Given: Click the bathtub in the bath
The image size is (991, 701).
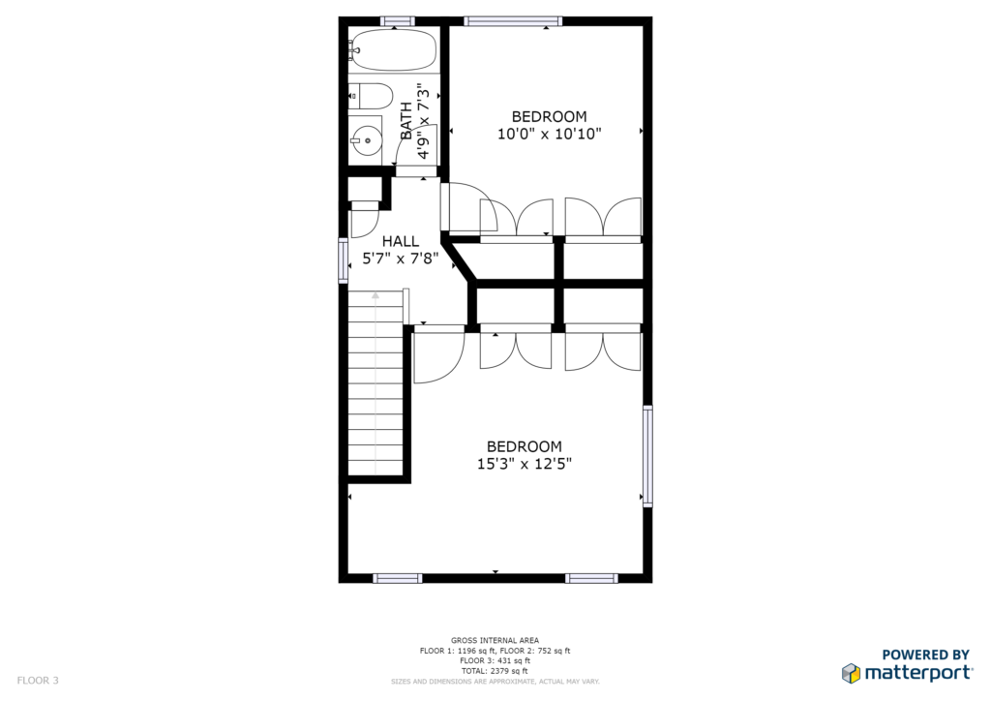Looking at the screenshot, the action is coord(393,49).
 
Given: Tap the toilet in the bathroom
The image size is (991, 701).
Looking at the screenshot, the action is coord(371,96).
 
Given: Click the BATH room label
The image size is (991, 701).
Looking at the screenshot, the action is coord(406,121).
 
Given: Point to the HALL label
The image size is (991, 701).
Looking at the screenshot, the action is coord(400,241).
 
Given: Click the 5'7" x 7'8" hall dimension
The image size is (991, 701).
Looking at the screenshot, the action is coord(400,258).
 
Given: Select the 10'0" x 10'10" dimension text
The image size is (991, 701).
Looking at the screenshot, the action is coord(550,134).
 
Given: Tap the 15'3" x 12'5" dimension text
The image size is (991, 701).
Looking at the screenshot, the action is coord(524,464).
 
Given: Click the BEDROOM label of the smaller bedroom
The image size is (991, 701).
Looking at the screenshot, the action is coord(550,116).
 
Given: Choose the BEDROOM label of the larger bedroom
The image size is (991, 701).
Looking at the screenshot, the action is coord(524,446).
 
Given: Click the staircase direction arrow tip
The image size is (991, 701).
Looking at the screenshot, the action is coord(375,292).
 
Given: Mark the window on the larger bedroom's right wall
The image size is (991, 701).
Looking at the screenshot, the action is coord(647,456).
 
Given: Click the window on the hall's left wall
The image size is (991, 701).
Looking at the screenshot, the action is coord(344,259).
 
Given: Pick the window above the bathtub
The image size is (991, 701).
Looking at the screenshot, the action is coord(398,21).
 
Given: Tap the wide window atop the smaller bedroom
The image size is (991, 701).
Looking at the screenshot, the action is coord(513,21).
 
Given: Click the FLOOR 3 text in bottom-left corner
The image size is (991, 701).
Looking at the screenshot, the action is coord(38,680).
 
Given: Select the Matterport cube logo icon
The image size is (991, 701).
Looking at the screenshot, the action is coord(852,673).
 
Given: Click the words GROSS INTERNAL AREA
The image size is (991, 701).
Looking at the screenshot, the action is coord(495,640).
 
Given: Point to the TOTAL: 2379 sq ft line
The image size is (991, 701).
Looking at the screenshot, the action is coord(495,671).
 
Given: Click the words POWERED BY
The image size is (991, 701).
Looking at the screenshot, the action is coord(926,655).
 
